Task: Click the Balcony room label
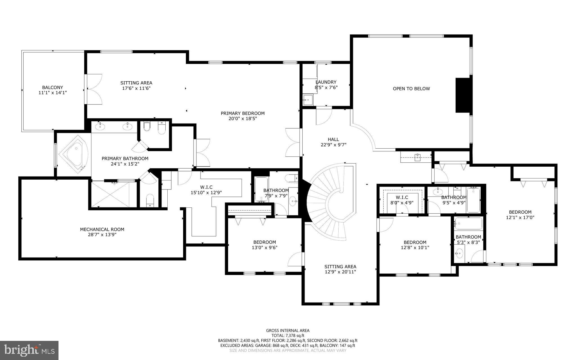[53, 88]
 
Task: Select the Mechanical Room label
[102, 229]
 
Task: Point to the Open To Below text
[411, 89]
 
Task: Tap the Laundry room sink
[308, 100]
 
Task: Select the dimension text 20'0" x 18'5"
[242, 119]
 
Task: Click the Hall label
[333, 139]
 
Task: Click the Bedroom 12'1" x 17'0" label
[520, 212]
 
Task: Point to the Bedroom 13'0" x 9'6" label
[264, 242]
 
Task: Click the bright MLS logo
[29, 350]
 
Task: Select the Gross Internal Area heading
[288, 330]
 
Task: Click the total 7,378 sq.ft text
[288, 336]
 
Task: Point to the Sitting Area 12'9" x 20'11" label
[340, 267]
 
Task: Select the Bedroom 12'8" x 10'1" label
[415, 242]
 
